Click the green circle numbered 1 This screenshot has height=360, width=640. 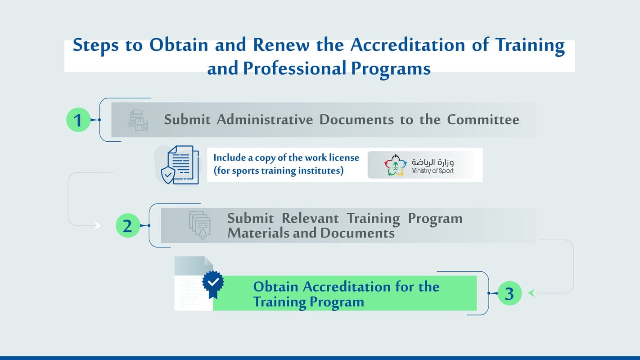(78, 120)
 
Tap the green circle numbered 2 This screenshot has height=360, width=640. (128, 225)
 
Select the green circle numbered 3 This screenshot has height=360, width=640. (509, 293)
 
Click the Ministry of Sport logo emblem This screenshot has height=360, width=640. (395, 165)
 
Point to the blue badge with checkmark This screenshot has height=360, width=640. (213, 283)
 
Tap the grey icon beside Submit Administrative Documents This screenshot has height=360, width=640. (137, 120)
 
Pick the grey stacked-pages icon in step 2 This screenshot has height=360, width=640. (200, 224)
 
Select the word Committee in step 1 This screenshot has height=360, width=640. (483, 120)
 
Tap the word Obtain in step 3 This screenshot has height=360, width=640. (275, 287)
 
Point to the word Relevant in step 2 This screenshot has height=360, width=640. (310, 218)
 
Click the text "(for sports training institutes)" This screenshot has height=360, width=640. (278, 171)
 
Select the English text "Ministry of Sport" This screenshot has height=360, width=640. (432, 171)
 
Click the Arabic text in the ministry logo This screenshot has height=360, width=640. (432, 162)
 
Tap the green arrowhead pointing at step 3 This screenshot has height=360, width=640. (532, 293)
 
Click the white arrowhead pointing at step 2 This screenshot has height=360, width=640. (97, 226)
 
